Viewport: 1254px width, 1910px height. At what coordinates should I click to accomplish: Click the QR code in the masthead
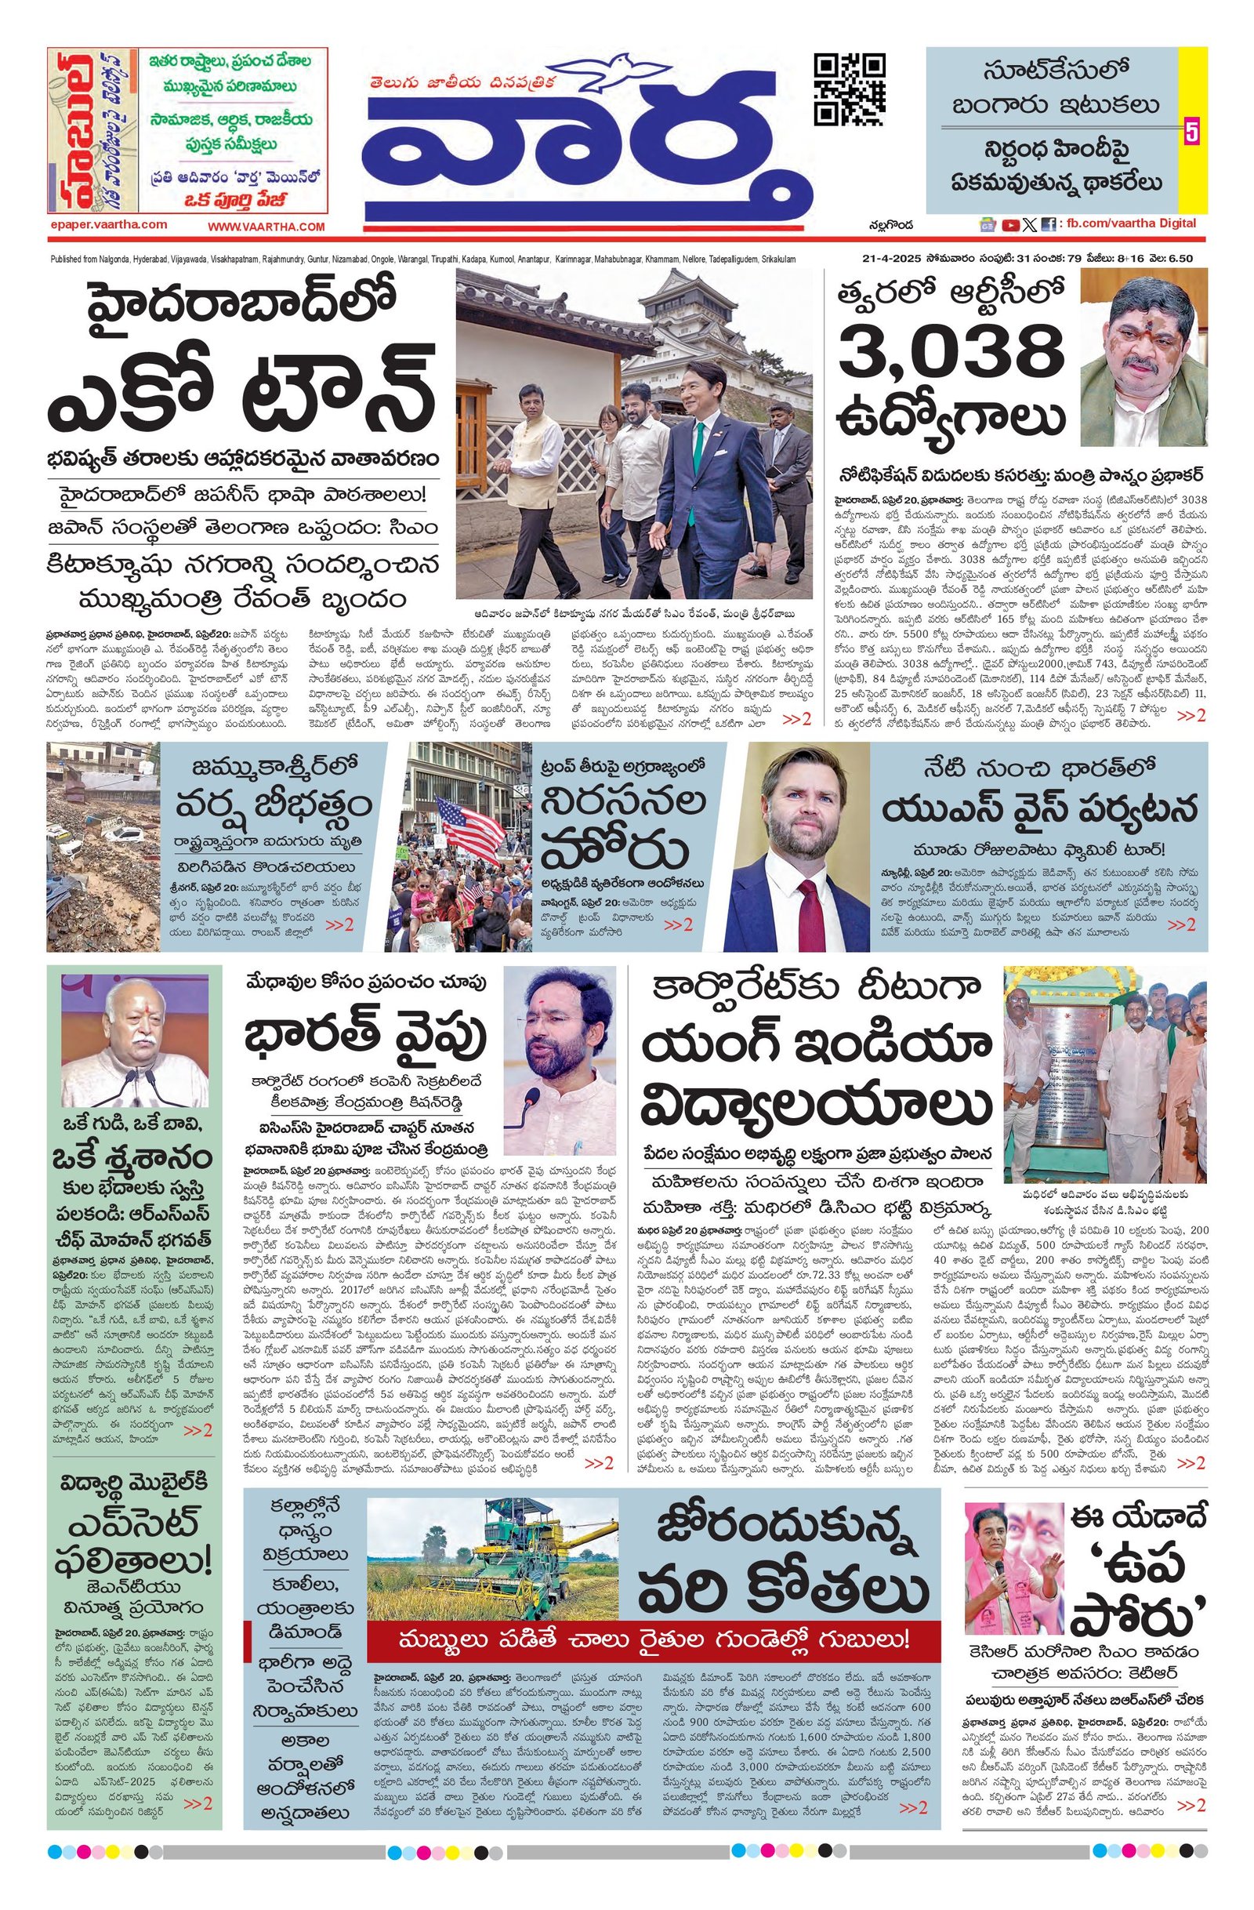[x=850, y=89]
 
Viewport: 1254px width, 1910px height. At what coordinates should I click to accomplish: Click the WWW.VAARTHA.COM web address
[x=266, y=227]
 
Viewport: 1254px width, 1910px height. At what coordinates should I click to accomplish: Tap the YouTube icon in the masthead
[x=1010, y=226]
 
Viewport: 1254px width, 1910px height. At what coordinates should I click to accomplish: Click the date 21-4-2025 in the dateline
[x=890, y=259]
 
